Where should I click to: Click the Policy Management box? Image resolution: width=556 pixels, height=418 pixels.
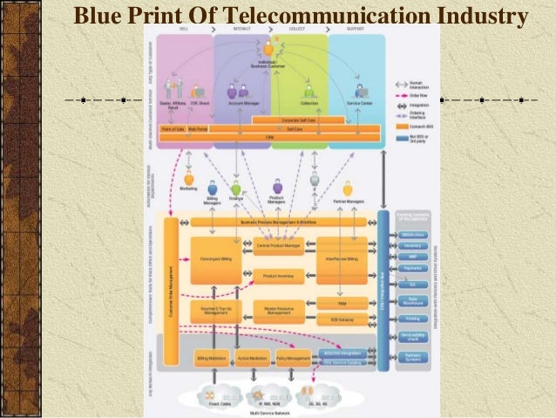point(293,358)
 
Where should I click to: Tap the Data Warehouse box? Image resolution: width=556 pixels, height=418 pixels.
point(411,299)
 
